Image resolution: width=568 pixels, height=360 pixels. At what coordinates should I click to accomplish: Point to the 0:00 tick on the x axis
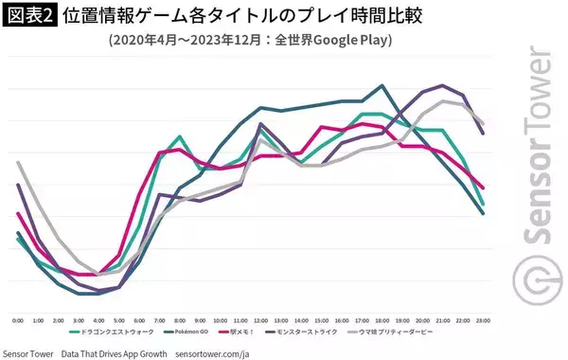[x=18, y=320]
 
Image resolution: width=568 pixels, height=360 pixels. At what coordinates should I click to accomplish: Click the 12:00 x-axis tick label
[x=260, y=320]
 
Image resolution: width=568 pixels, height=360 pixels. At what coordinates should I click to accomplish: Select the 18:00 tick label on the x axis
[x=382, y=320]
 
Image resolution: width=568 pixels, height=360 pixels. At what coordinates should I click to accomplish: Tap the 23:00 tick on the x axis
[x=483, y=320]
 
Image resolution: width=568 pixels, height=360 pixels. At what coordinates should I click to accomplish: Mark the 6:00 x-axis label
[x=139, y=320]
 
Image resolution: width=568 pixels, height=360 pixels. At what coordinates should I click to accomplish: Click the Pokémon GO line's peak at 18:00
[x=382, y=85]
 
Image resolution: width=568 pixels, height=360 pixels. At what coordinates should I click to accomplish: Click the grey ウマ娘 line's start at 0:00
[x=18, y=162]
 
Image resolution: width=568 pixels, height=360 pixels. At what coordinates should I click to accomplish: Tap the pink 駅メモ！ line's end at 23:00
[x=483, y=188]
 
